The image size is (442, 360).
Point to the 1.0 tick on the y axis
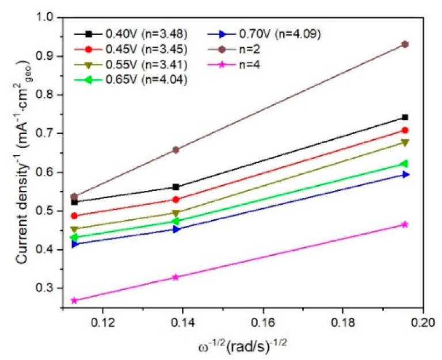51,18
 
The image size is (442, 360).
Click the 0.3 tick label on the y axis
51,288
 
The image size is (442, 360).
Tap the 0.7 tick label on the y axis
51,133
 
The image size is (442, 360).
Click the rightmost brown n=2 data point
405,44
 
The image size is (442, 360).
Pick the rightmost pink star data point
405,224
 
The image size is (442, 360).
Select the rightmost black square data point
405,117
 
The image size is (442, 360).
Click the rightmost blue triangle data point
405,174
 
